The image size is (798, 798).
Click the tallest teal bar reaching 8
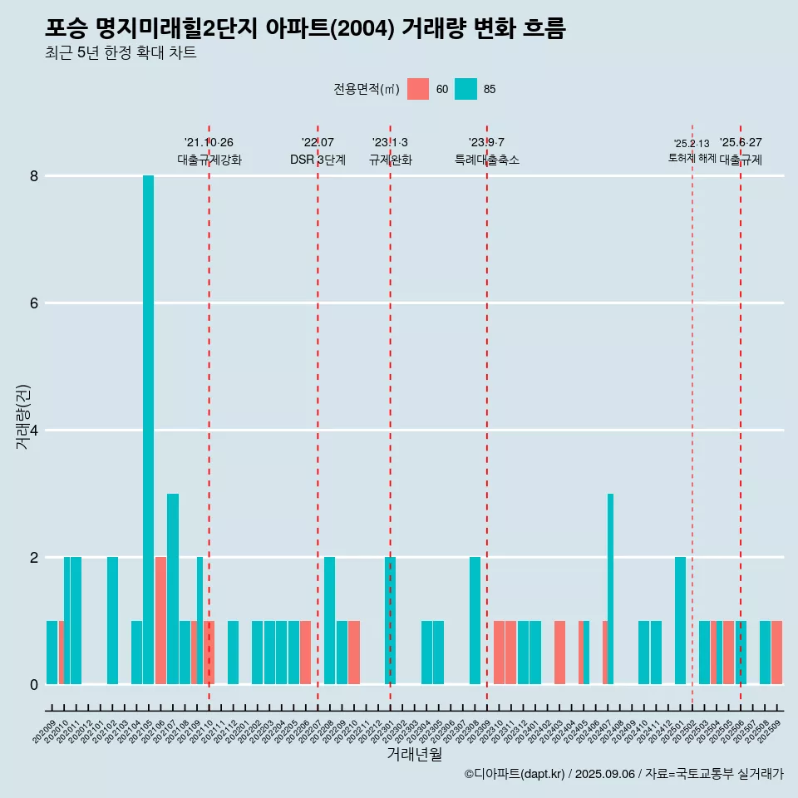click(148, 429)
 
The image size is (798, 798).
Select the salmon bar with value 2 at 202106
click(160, 620)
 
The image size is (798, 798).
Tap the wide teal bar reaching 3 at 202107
click(173, 589)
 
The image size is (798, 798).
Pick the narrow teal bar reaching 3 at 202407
click(610, 589)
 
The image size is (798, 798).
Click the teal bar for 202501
click(680, 620)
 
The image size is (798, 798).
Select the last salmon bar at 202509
click(777, 653)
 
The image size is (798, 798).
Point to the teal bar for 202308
click(475, 620)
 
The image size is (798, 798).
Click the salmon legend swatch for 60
click(418, 89)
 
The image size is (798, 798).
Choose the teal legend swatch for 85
click(466, 89)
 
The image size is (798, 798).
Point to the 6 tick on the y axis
click(34, 303)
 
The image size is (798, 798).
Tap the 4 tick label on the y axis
click(34, 431)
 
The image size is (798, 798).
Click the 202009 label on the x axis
click(44, 732)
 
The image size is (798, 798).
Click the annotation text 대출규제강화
click(209, 160)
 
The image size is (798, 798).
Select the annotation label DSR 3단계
click(318, 160)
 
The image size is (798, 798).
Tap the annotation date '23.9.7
click(486, 142)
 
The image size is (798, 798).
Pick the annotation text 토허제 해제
click(692, 157)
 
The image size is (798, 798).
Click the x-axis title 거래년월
click(414, 754)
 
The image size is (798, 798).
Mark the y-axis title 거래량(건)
click(22, 416)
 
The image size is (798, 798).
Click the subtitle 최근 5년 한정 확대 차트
click(121, 53)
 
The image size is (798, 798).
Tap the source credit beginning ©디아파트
click(623, 774)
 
